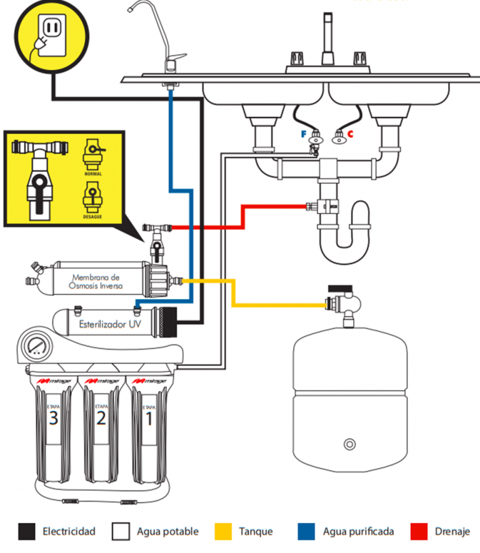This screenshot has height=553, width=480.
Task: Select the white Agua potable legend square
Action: click(121, 531)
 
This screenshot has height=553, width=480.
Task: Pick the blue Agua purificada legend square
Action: click(307, 531)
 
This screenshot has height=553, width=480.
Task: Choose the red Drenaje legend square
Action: click(419, 531)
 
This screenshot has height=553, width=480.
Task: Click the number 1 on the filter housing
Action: click(149, 419)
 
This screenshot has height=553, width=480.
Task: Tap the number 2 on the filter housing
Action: click(101, 419)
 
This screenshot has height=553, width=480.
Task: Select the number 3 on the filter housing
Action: click(53, 419)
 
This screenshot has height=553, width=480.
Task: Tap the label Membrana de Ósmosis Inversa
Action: click(97, 282)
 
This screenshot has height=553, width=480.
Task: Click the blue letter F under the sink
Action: click(304, 133)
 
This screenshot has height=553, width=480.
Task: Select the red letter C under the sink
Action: click(351, 133)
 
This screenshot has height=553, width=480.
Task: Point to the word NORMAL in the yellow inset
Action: click(92, 173)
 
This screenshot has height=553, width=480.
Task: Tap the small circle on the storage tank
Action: click(349, 445)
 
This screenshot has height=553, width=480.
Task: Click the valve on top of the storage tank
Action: click(344, 303)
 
